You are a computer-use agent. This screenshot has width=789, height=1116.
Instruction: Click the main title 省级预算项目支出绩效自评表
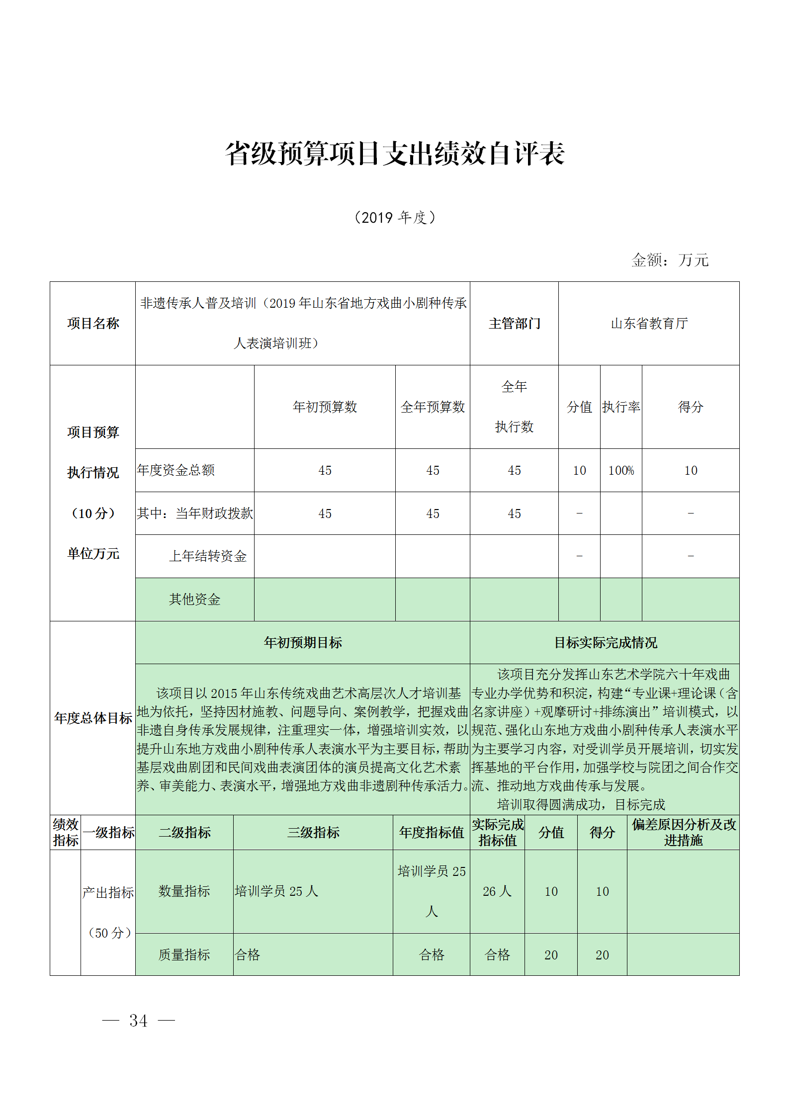click(x=395, y=153)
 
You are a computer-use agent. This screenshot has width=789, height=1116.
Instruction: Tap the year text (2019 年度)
click(x=395, y=217)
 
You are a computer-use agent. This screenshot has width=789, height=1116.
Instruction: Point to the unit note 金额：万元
click(x=669, y=259)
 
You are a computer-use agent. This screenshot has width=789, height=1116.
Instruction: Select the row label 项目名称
click(x=93, y=324)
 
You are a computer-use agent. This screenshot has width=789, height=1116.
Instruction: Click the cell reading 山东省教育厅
click(x=649, y=324)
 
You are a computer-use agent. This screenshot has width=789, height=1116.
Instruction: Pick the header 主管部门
click(x=514, y=324)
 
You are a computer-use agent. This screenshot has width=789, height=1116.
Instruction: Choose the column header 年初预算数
click(x=325, y=407)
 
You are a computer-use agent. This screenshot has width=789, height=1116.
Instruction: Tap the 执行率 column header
click(x=621, y=407)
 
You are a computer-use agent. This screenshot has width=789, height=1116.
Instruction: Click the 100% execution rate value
click(x=621, y=470)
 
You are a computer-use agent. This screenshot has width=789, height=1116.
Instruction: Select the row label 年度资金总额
click(x=176, y=470)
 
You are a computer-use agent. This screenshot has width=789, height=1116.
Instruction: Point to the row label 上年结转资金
click(x=208, y=556)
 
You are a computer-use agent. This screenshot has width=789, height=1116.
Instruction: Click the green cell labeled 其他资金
click(x=194, y=599)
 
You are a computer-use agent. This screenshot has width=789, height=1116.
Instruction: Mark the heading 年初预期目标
click(x=303, y=642)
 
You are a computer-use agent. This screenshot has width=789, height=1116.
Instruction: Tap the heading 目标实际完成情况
click(x=605, y=642)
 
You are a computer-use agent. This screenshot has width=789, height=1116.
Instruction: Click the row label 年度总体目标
click(x=93, y=718)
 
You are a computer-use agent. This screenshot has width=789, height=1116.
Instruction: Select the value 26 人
click(x=497, y=891)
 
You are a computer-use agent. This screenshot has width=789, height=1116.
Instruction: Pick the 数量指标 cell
click(x=184, y=891)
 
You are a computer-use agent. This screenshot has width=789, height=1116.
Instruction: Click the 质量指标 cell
click(x=184, y=954)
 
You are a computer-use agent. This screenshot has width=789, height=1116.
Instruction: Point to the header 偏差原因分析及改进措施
click(x=683, y=832)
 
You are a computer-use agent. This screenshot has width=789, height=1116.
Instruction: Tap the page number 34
click(x=138, y=1021)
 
